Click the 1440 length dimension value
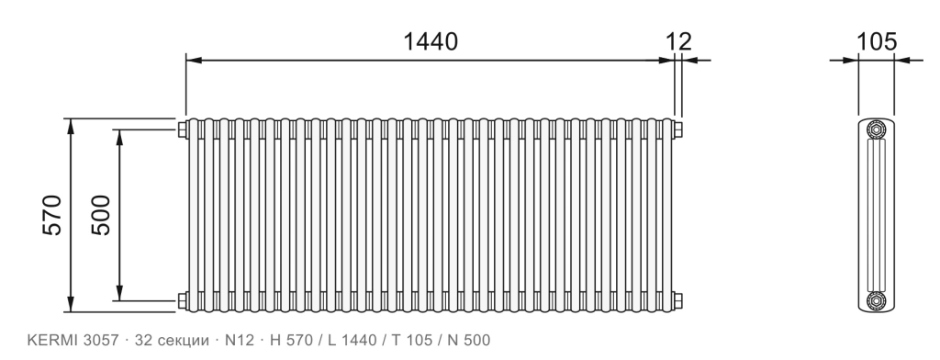tap(430, 41)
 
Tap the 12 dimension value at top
tap(678, 41)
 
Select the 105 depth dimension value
tap(877, 41)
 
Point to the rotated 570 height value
tap(52, 215)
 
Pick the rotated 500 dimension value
tap(101, 215)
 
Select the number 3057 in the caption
tap(95, 340)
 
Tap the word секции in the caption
tap(183, 341)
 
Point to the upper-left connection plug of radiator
tap(183, 129)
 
